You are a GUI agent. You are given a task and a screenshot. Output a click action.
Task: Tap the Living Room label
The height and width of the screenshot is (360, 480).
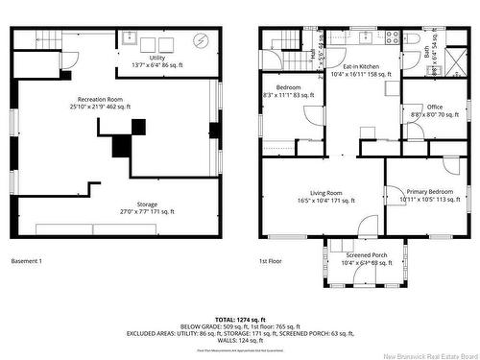point(323,193)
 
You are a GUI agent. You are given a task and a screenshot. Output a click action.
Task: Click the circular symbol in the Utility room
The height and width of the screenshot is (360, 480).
point(200,40)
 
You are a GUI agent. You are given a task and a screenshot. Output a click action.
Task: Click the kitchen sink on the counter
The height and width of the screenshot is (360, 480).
point(366,37)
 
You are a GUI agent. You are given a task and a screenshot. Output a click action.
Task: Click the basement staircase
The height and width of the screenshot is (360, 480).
point(44,39)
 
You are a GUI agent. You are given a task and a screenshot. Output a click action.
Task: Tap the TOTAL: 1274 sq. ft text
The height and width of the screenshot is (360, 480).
point(240,319)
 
